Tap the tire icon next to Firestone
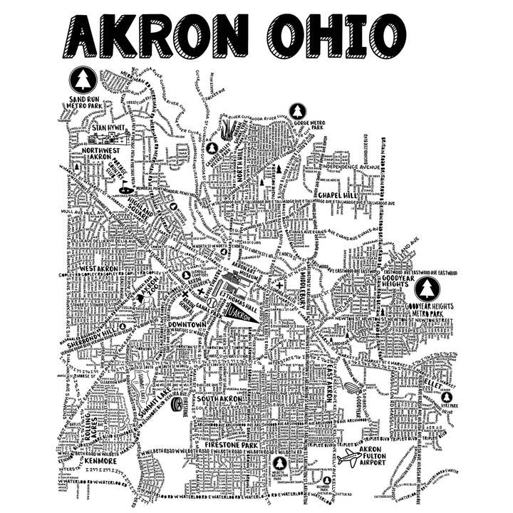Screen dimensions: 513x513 tap(176, 405)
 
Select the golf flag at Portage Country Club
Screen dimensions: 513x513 tap(125, 187)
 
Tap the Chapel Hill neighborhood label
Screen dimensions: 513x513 tap(339, 194)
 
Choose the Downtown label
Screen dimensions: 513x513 tap(187, 325)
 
